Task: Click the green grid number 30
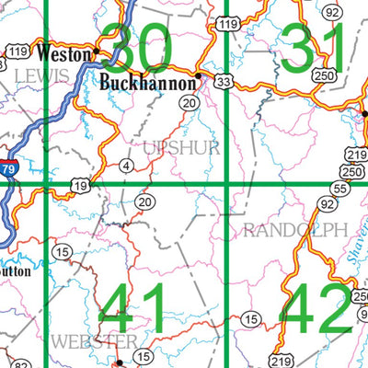(141, 49)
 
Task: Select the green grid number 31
(313, 49)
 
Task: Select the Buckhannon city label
(148, 83)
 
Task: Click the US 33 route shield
(224, 81)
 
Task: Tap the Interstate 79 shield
(7, 191)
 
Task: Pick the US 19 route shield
(81, 187)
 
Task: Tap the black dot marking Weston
(97, 51)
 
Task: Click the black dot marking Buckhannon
(199, 75)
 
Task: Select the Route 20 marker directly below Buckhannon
(189, 104)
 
